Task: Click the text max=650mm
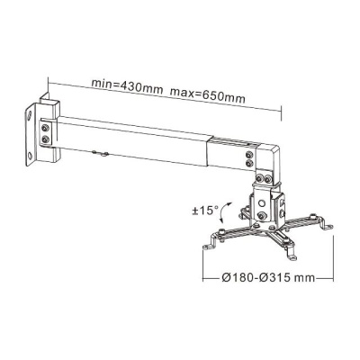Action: [x=208, y=94]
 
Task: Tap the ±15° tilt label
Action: [x=205, y=211]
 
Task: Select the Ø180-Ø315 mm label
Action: [x=268, y=277]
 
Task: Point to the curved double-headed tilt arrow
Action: [x=223, y=212]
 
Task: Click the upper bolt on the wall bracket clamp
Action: [x=45, y=128]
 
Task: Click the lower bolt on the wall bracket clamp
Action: [x=45, y=139]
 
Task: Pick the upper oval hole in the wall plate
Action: [x=30, y=115]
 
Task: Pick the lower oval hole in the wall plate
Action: [x=30, y=156]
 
